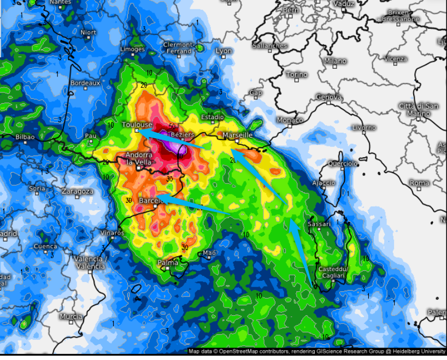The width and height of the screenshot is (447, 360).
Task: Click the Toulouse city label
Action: click(137, 125)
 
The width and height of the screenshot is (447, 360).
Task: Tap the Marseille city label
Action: click(238, 134)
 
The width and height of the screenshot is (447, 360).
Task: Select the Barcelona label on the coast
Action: click(151, 200)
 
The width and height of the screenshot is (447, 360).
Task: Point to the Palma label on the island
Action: click(168, 263)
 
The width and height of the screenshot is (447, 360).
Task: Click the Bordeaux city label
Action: click(85, 83)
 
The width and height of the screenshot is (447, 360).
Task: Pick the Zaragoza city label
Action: click(77, 192)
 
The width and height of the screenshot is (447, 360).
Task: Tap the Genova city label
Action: click(329, 97)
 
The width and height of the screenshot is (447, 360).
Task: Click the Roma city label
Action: click(419, 183)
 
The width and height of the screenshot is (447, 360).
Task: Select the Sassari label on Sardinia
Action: click(319, 224)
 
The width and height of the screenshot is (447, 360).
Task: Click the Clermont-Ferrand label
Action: click(178, 48)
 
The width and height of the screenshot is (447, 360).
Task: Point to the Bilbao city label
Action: click(25, 137)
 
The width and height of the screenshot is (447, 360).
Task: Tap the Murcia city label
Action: click(71, 317)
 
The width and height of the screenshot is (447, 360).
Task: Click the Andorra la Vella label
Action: click(139, 158)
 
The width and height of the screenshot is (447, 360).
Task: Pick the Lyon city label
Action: click(224, 51)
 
